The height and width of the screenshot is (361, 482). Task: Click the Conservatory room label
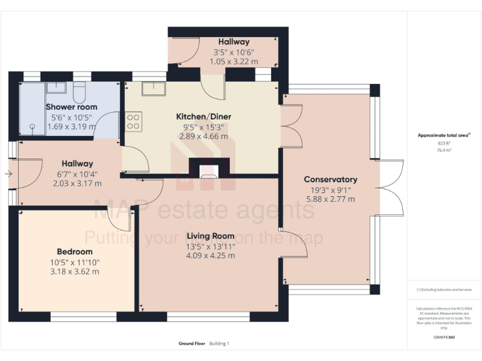(x=330, y=179)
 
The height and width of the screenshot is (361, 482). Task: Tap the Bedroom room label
(x=75, y=252)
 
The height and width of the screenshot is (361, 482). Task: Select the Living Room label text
(x=211, y=236)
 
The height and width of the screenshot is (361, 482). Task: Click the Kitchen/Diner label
(x=203, y=117)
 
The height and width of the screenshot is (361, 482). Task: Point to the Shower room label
(x=72, y=107)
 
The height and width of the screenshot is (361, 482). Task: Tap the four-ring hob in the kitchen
(x=134, y=121)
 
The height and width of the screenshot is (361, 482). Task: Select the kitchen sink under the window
(x=153, y=89)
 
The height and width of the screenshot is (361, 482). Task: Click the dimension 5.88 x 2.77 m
(x=330, y=199)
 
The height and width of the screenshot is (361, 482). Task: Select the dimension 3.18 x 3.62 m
(x=75, y=272)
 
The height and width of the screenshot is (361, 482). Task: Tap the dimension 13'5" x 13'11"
(x=211, y=246)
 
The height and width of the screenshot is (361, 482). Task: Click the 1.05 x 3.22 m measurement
(x=233, y=62)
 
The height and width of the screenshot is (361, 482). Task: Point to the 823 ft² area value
(x=444, y=144)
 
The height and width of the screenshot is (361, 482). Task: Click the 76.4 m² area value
(x=444, y=150)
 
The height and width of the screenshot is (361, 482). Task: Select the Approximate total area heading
(x=443, y=135)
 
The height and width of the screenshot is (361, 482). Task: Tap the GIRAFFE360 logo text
(x=444, y=338)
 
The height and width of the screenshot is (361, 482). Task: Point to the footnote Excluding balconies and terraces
(x=444, y=290)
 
